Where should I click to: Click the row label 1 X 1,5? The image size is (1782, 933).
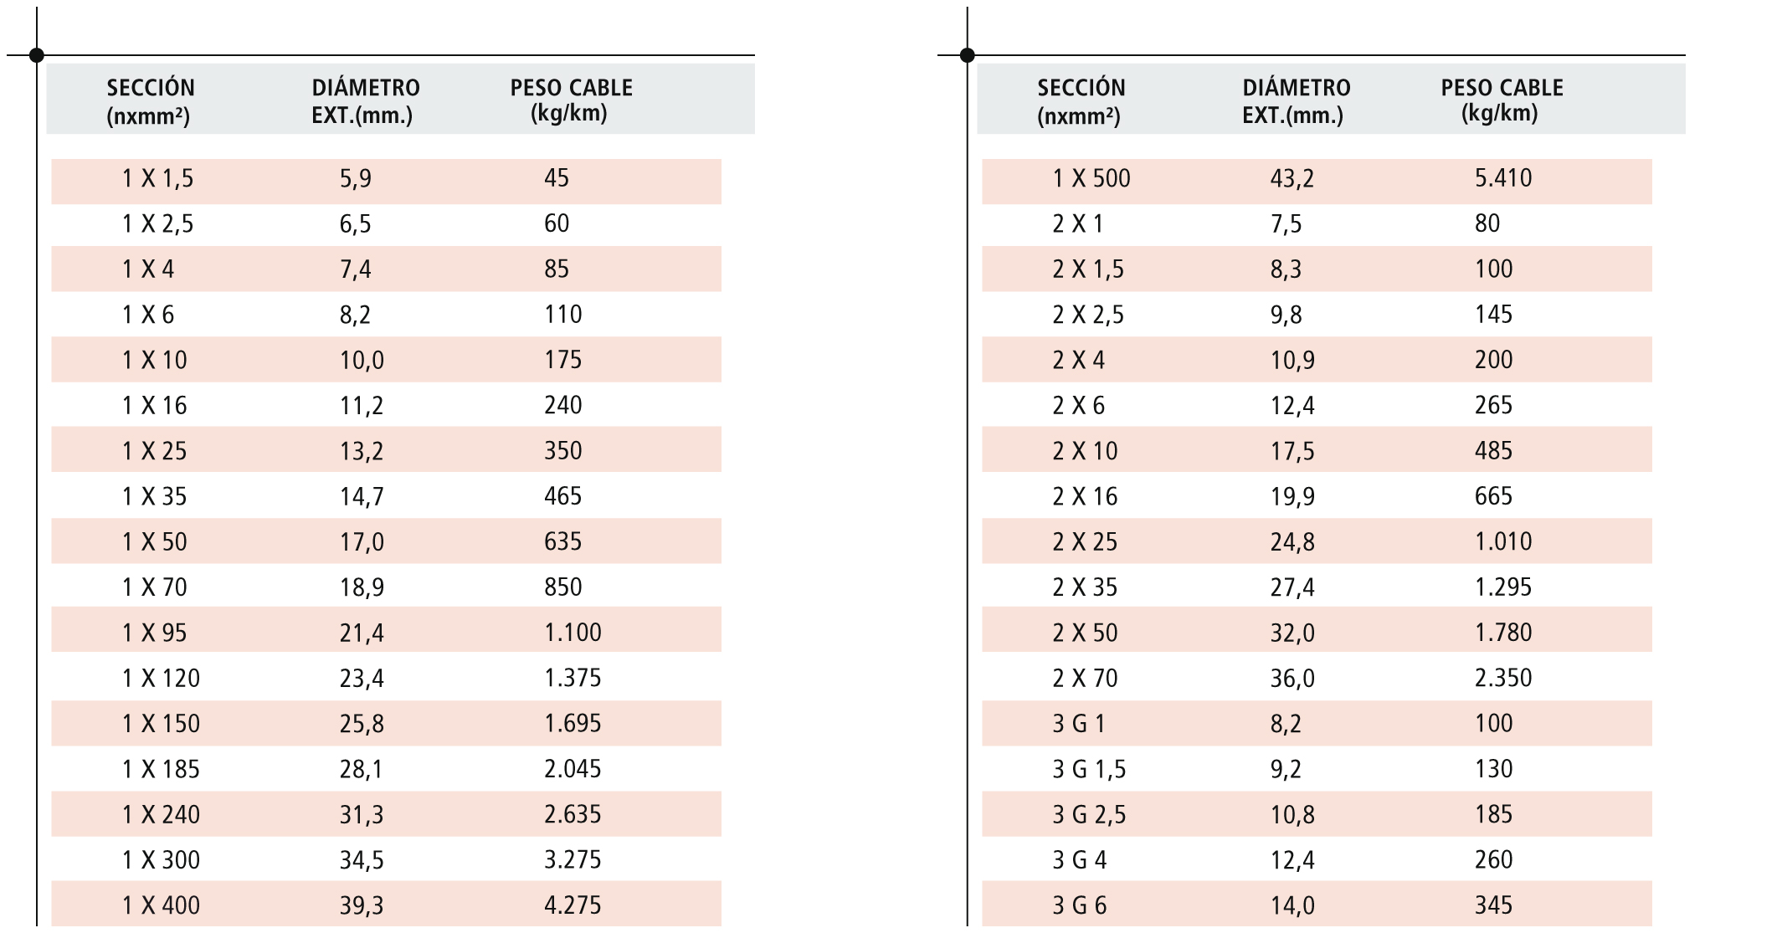click(157, 178)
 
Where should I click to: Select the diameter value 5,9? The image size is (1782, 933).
click(355, 178)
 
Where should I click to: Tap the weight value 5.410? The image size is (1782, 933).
click(1502, 178)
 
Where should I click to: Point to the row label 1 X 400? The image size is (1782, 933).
click(161, 905)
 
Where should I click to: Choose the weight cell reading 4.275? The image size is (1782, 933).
click(573, 905)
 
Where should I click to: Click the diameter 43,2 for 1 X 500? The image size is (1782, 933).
click(1292, 178)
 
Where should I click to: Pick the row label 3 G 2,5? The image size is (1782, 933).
click(1088, 814)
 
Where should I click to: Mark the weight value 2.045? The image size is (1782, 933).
click(573, 769)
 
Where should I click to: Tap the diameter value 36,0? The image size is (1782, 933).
click(1292, 678)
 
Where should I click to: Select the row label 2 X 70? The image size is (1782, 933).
click(1084, 678)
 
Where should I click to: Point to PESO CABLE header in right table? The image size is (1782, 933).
click(1502, 100)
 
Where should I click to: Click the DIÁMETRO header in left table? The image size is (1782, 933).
click(365, 100)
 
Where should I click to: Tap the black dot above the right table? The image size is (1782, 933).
click(967, 55)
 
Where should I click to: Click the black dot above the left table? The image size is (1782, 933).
click(36, 55)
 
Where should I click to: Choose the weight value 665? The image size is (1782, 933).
click(1492, 496)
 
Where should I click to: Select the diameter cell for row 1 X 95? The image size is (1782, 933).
click(362, 633)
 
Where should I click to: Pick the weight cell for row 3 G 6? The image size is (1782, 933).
click(1492, 905)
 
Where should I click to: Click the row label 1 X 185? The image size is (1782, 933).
click(161, 769)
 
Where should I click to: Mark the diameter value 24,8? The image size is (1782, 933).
click(1292, 542)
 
